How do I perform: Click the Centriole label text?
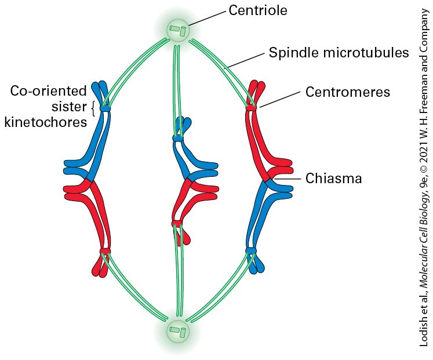click(x=258, y=10)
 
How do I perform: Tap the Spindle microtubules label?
click(x=339, y=52)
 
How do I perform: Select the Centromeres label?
click(x=348, y=92)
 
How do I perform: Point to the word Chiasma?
click(x=333, y=179)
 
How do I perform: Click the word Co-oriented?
click(x=48, y=91)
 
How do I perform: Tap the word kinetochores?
click(x=46, y=122)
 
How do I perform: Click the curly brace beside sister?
click(x=93, y=109)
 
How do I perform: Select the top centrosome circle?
click(x=178, y=30)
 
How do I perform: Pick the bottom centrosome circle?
click(x=178, y=331)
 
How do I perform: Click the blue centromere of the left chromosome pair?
click(x=105, y=108)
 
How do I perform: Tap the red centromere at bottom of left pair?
click(x=105, y=251)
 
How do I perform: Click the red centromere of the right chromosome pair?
click(x=252, y=108)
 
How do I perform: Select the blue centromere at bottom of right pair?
click(x=251, y=250)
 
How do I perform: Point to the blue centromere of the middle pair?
click(x=178, y=139)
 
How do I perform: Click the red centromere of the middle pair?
click(x=177, y=223)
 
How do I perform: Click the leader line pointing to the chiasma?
click(x=288, y=179)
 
